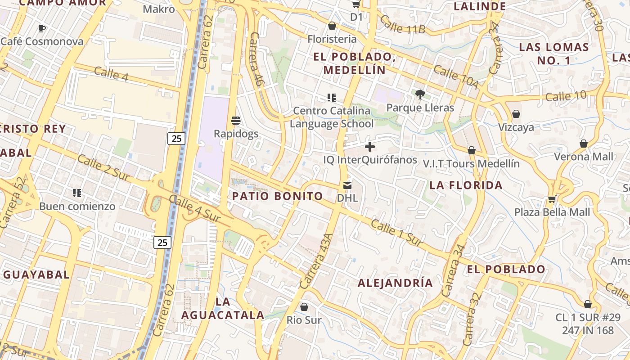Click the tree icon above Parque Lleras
tap(420, 94)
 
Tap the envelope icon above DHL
tap(347, 185)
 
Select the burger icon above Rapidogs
tap(236, 121)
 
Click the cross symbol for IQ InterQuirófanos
tap(370, 147)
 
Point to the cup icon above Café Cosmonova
tap(42, 28)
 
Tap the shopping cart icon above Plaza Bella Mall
tap(552, 199)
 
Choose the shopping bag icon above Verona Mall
tap(584, 144)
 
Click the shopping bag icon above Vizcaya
tap(516, 114)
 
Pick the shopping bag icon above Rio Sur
tap(304, 307)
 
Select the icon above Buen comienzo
tap(77, 193)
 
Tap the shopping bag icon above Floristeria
tap(332, 26)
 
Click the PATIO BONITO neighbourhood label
tap(277, 196)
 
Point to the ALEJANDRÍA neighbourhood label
tap(395, 283)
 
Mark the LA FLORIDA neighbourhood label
tap(466, 185)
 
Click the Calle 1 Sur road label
tap(396, 234)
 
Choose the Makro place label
tap(159, 9)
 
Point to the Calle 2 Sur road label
tap(104, 168)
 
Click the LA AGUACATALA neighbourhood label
tap(223, 308)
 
